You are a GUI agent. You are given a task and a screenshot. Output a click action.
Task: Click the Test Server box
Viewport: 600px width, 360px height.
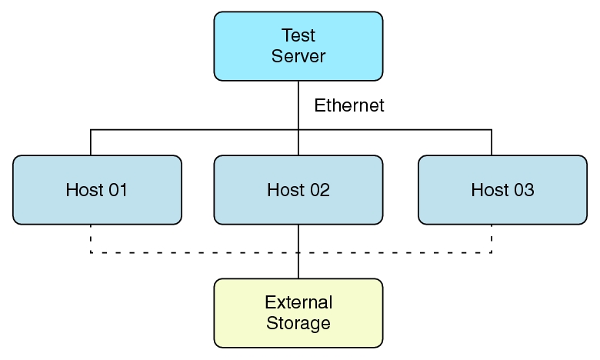point(298,46)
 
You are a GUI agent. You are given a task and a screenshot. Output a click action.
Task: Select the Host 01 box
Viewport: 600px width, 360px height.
point(97,190)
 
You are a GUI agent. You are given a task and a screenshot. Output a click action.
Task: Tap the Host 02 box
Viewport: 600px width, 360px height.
point(298,190)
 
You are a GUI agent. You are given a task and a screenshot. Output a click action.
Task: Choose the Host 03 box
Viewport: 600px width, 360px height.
point(502,190)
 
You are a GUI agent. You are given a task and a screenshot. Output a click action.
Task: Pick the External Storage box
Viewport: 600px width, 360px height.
point(298,312)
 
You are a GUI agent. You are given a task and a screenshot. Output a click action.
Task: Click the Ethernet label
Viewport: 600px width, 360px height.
point(349,106)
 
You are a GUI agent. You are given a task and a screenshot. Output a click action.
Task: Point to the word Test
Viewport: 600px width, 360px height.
point(298,36)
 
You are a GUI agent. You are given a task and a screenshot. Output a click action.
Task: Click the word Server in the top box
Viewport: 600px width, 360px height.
point(298,56)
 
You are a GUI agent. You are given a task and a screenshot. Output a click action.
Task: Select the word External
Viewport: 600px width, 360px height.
point(298,302)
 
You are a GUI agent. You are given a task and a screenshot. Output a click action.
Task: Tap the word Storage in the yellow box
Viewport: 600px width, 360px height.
point(298,323)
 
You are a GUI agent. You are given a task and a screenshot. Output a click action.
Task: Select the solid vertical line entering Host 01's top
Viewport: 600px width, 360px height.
point(91,143)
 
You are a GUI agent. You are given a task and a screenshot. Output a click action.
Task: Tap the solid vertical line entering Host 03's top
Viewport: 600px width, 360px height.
point(492,143)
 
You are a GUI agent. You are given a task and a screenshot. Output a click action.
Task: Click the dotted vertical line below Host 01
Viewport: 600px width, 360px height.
point(91,238)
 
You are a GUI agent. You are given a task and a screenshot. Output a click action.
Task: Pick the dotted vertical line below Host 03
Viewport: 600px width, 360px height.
point(492,238)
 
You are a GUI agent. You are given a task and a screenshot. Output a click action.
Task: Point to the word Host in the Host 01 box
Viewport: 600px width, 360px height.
point(83,190)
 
